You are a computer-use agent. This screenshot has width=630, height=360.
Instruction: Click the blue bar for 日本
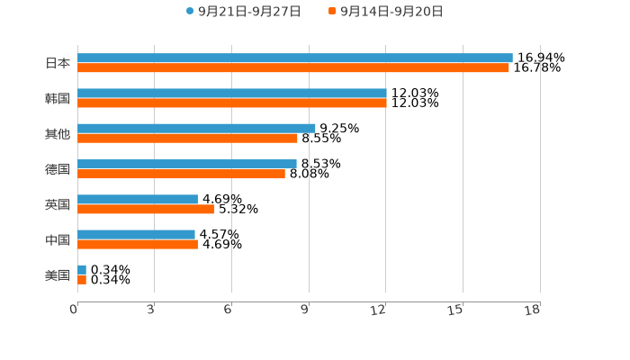295,58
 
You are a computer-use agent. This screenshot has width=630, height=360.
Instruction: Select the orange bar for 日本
293,67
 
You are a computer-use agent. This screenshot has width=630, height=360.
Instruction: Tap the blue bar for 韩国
232,93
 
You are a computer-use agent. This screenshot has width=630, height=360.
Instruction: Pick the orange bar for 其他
187,138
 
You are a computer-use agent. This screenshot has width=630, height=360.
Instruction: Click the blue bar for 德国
187,164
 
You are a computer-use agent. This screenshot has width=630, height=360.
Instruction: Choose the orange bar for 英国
146,209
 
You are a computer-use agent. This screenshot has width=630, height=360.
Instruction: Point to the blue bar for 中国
136,234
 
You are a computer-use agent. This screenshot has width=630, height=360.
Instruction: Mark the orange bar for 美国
82,280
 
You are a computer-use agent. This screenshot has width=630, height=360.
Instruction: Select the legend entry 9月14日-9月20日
391,12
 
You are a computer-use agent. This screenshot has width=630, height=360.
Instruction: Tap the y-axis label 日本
58,63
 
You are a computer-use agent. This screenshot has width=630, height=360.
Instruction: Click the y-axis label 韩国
58,98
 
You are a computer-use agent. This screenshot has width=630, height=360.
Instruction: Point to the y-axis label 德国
58,169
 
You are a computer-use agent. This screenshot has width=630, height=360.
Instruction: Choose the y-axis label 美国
58,275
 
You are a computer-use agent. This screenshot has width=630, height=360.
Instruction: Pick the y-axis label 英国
58,204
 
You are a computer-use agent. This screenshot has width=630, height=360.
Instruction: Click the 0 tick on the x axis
74,310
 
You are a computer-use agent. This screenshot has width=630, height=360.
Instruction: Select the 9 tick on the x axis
305,310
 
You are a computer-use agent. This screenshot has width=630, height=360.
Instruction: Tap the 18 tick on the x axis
533,310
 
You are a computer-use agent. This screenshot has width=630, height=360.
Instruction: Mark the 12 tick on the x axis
379,310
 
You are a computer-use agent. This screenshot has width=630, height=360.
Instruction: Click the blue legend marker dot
190,12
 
